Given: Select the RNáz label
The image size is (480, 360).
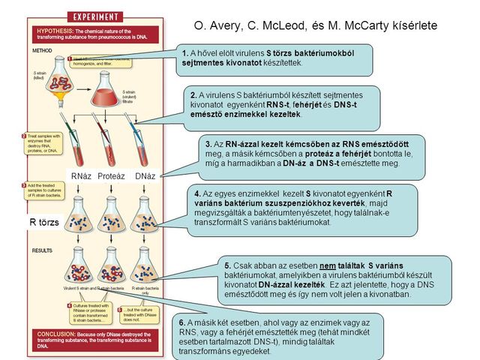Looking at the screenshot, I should (80, 175).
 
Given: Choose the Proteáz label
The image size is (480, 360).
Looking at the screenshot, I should (112, 175).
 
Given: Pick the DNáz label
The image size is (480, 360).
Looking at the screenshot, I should (145, 175).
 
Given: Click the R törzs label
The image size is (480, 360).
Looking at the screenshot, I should (43, 223).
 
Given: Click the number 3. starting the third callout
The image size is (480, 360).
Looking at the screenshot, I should (209, 143).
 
